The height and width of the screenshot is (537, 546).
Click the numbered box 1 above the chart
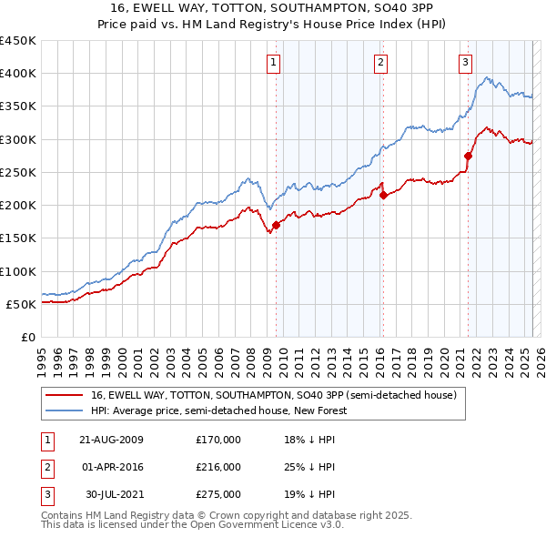click(x=274, y=63)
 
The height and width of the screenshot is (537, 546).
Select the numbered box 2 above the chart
click(x=380, y=63)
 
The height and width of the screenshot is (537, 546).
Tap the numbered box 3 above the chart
click(x=465, y=63)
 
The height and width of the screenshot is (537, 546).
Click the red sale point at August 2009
click(x=276, y=226)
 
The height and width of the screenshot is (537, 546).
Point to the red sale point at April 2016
click(x=383, y=195)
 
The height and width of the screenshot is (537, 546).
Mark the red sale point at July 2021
click(x=469, y=157)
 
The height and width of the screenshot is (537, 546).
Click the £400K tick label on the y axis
click(x=18, y=74)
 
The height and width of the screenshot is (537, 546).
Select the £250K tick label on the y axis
click(x=18, y=172)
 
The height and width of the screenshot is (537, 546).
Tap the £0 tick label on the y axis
click(x=26, y=337)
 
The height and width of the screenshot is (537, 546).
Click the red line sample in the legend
click(x=64, y=395)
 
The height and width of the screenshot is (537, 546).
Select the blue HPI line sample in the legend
click(x=64, y=410)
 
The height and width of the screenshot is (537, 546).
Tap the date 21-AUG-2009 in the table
click(x=111, y=441)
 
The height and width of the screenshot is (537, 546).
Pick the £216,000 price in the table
click(x=218, y=467)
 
